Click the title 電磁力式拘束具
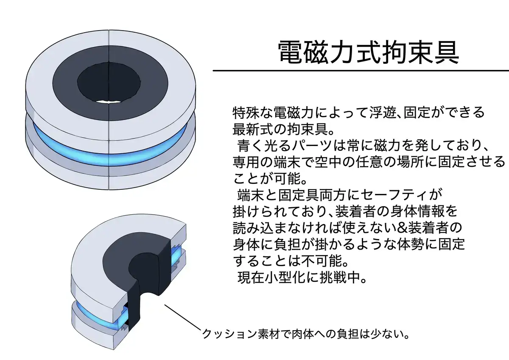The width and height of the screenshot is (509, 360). coord(368,52)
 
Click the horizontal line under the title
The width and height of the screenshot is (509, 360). coord(361,70)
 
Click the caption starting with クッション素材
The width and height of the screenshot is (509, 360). coord(305,334)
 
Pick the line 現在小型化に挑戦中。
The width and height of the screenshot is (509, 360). coord(302,278)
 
